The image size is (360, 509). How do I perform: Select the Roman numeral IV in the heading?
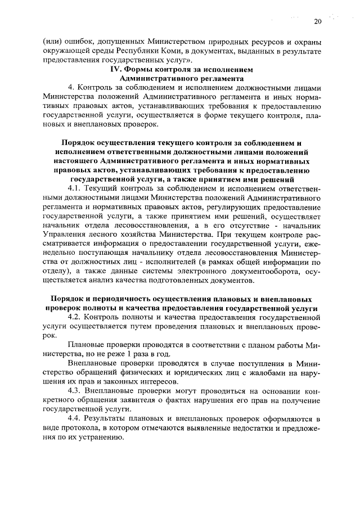[x=115, y=69]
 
